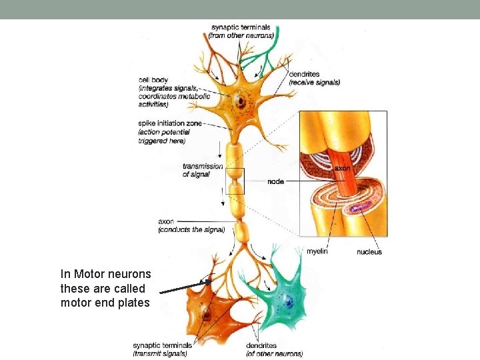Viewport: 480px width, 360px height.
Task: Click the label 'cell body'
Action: (x=153, y=81)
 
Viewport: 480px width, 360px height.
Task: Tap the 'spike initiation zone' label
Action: (x=170, y=124)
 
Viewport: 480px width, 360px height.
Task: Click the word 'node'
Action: (x=275, y=182)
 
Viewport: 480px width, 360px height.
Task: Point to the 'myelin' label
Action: (x=317, y=251)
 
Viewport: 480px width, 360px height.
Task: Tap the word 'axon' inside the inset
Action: (x=341, y=169)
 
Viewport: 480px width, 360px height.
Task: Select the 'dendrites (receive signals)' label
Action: (x=314, y=78)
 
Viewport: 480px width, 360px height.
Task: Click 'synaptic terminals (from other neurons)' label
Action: (x=241, y=31)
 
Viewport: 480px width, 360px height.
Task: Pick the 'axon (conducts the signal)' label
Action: (x=191, y=225)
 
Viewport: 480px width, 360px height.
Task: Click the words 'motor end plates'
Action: (x=105, y=303)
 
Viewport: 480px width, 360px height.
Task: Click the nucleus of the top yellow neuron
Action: (x=237, y=103)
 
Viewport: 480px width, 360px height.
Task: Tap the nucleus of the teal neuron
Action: (x=290, y=303)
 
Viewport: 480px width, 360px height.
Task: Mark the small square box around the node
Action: (x=235, y=181)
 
